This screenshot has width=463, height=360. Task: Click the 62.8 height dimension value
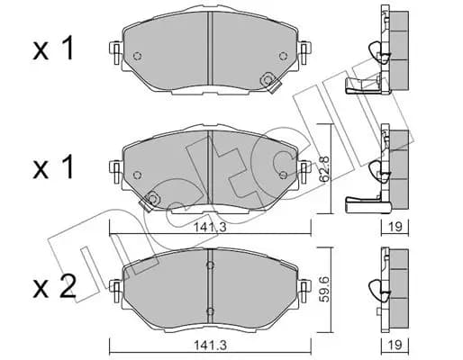pos(323,168)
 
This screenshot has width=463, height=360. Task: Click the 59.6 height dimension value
pos(324,290)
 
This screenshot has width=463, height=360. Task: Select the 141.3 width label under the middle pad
pos(210,227)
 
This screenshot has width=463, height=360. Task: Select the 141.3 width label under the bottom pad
pos(210,345)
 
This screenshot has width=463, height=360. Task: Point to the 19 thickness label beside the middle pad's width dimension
pos(395,227)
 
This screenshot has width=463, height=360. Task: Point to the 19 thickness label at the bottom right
pos(395,345)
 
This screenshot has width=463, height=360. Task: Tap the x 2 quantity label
pos(54,286)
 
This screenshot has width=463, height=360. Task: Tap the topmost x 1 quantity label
pos(53,48)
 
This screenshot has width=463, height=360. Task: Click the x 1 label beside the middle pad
pos(53,166)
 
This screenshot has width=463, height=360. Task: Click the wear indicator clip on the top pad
pos(269,82)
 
